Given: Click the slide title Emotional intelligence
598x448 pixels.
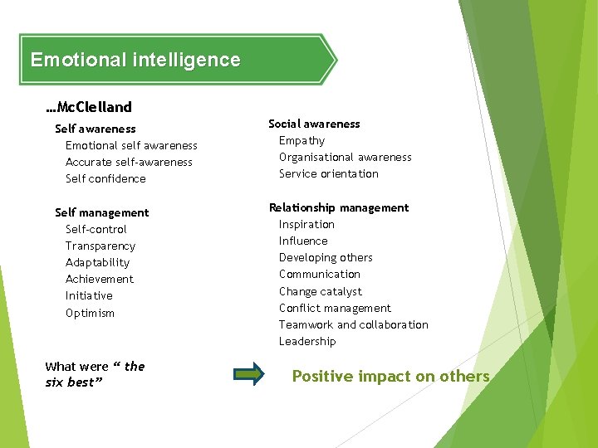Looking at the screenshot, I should [x=135, y=60].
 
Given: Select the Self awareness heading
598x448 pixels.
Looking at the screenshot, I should [x=95, y=129].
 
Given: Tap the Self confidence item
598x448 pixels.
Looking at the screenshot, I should [x=105, y=178].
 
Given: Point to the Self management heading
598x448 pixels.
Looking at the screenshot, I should [x=101, y=212].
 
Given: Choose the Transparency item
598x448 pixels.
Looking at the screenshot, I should [x=100, y=246].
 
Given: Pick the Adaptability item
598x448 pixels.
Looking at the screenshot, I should [x=97, y=262].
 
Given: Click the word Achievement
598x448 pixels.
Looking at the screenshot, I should [x=100, y=279].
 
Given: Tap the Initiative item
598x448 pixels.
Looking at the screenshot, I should [x=89, y=295].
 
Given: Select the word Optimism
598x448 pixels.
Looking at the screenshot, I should [x=90, y=313].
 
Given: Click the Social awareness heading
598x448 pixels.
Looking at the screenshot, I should [x=314, y=124].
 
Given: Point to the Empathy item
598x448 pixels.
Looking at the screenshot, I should [x=301, y=140].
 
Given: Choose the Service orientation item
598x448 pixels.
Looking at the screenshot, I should [x=329, y=173].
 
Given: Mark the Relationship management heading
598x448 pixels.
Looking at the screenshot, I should [x=339, y=207].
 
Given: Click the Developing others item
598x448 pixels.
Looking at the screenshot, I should [x=326, y=257].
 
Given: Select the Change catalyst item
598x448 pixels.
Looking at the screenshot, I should [x=321, y=291].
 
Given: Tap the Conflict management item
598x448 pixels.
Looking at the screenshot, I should [x=335, y=308].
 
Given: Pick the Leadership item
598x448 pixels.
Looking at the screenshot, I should [x=307, y=341].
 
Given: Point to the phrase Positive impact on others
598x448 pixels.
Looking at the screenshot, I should [x=390, y=377].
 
